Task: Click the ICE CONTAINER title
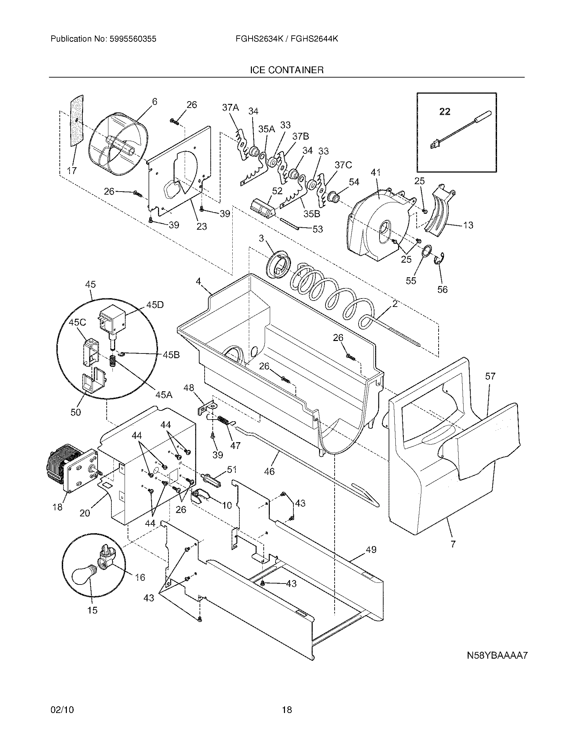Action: point(287,70)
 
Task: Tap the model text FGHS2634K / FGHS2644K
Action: point(287,39)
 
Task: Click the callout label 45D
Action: point(155,305)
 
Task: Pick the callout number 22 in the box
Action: point(444,111)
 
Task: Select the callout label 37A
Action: point(230,108)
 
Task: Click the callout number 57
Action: point(490,376)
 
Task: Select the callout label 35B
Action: point(312,215)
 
